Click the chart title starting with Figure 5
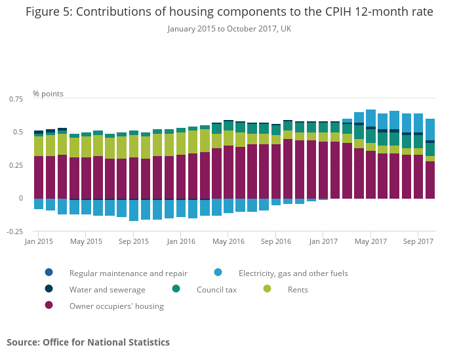click(229, 12)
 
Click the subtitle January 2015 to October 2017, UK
click(229, 29)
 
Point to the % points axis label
click(49, 94)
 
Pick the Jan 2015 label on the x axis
click(39, 241)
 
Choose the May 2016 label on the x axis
click(228, 241)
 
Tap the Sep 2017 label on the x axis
click(418, 241)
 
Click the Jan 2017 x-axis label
click(323, 241)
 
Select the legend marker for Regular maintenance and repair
click(49, 273)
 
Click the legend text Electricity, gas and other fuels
click(293, 273)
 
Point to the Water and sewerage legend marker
click(49, 289)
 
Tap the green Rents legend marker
click(267, 289)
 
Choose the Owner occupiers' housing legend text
click(117, 306)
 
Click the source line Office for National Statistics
click(88, 342)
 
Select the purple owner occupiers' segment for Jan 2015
click(39, 177)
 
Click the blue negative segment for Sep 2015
click(134, 210)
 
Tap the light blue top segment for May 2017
click(370, 118)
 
